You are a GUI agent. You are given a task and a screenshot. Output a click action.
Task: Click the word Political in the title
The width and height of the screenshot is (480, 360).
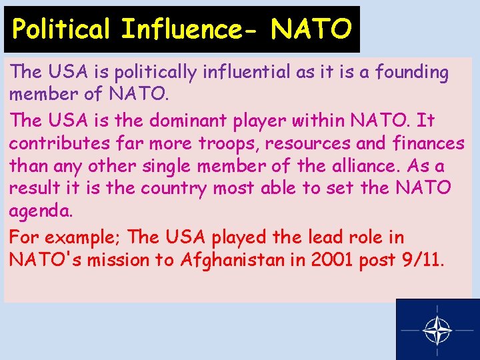59,29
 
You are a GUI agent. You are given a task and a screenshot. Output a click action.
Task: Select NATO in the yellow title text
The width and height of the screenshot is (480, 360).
311,29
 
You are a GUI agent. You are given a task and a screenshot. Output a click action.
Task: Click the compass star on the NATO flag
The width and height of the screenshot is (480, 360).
437,329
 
